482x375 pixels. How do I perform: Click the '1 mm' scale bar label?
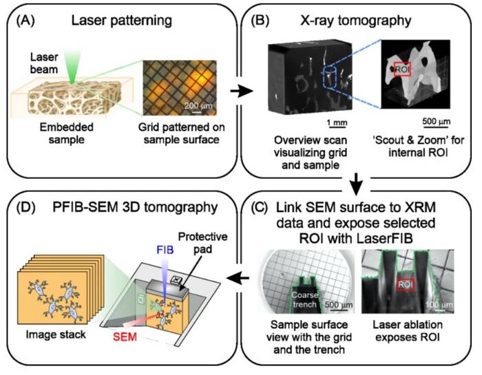pyautogui.click(x=337, y=123)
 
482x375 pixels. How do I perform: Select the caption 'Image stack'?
pyautogui.click(x=57, y=330)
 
